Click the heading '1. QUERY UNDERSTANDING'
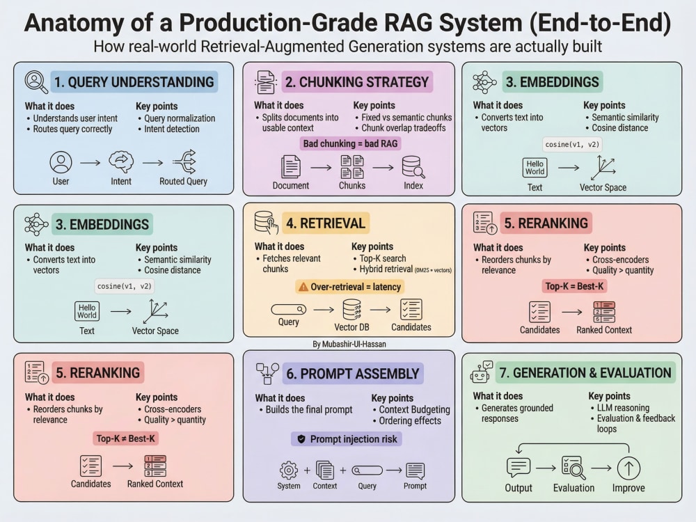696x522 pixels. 134,82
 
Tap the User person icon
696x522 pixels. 61,162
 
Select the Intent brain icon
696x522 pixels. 121,162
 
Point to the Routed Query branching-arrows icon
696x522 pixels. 184,161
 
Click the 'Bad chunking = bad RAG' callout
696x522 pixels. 350,143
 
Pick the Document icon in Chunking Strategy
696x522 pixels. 291,167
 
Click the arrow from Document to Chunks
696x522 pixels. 321,167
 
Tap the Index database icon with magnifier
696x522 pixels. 413,167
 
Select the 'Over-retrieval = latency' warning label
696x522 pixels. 350,287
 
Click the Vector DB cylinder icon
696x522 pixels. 352,310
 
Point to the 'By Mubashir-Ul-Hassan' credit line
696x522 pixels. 349,344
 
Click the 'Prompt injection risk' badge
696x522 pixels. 347,439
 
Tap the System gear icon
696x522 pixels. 289,470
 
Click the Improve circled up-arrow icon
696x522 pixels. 628,468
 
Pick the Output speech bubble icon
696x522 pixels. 519,468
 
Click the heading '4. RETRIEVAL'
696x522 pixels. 326,223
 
